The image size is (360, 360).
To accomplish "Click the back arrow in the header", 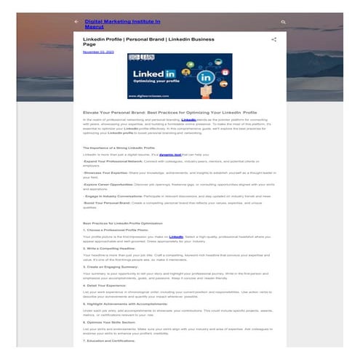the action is tap(76, 22).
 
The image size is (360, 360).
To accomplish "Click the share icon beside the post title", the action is tap(273, 39).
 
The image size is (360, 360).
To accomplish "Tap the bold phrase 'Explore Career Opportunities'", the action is tap(109, 184).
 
